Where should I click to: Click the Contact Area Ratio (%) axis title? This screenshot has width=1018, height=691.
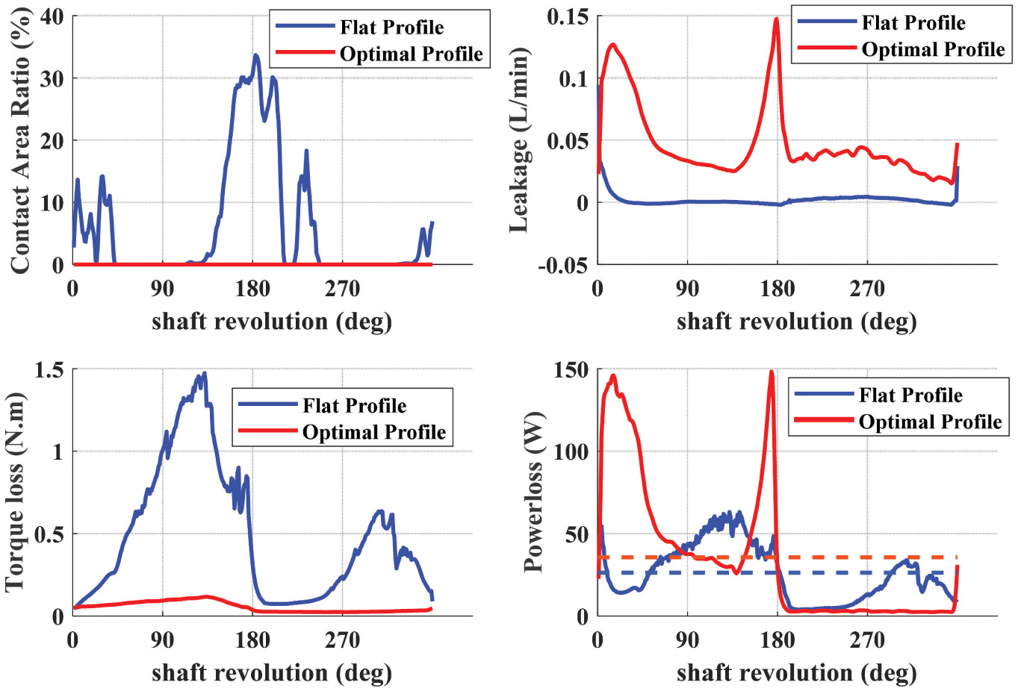pos(20,140)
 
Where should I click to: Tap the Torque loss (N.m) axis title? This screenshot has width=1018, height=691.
pos(16,493)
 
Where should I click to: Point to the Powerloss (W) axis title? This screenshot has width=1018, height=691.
pos(533,493)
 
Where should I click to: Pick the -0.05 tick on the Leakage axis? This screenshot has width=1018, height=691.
pos(562,265)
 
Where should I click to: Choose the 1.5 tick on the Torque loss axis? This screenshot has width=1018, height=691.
pos(49,369)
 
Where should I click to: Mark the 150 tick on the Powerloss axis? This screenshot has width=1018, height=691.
pos(571,369)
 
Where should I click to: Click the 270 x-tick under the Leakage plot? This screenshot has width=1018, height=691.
pos(867,289)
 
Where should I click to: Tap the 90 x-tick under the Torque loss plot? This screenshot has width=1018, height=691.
pos(162,640)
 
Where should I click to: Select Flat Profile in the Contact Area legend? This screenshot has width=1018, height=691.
pos(391,28)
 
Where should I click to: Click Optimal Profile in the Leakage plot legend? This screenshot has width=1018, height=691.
pos(933,50)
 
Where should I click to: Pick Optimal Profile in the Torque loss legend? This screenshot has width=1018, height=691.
pos(373,433)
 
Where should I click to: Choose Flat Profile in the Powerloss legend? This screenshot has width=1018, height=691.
pos(910,395)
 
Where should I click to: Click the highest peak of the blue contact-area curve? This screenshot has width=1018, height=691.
pos(255,55)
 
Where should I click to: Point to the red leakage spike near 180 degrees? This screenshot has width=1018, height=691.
pos(777,19)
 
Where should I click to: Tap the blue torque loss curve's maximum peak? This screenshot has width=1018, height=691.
pos(204,373)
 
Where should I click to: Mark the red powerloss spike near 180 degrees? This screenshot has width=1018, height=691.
pos(772,372)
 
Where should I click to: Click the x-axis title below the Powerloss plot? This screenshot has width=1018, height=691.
pos(796,673)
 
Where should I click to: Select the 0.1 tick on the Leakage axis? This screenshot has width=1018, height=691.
pos(573,78)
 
